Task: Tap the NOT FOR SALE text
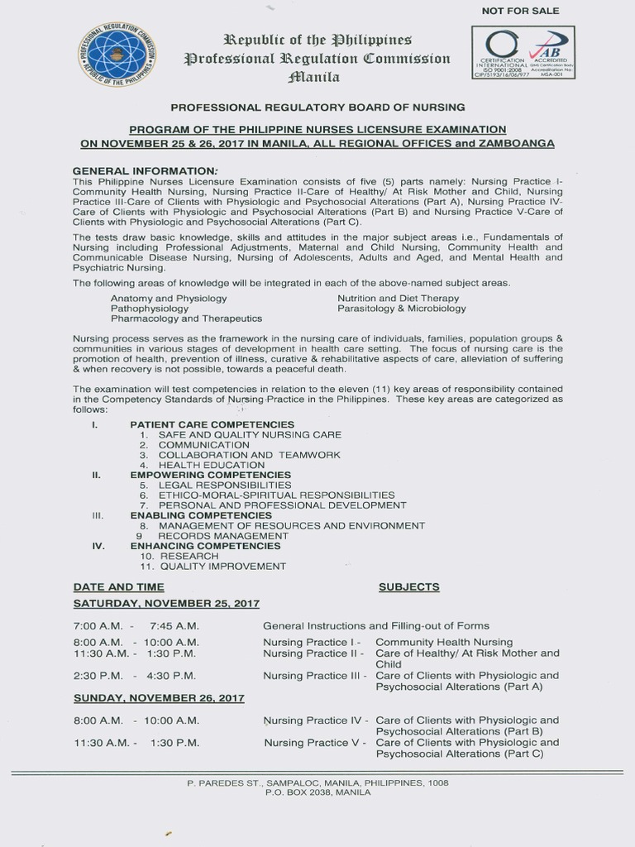520,11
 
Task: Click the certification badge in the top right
523,52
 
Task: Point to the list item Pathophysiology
150,308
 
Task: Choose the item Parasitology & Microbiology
401,308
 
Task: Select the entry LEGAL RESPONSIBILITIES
225,485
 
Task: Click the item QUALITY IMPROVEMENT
223,566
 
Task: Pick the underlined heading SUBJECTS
408,586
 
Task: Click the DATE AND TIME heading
113,586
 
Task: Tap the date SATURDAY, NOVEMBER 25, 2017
166,604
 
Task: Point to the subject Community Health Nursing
444,642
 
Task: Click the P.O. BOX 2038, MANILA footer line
317,792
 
